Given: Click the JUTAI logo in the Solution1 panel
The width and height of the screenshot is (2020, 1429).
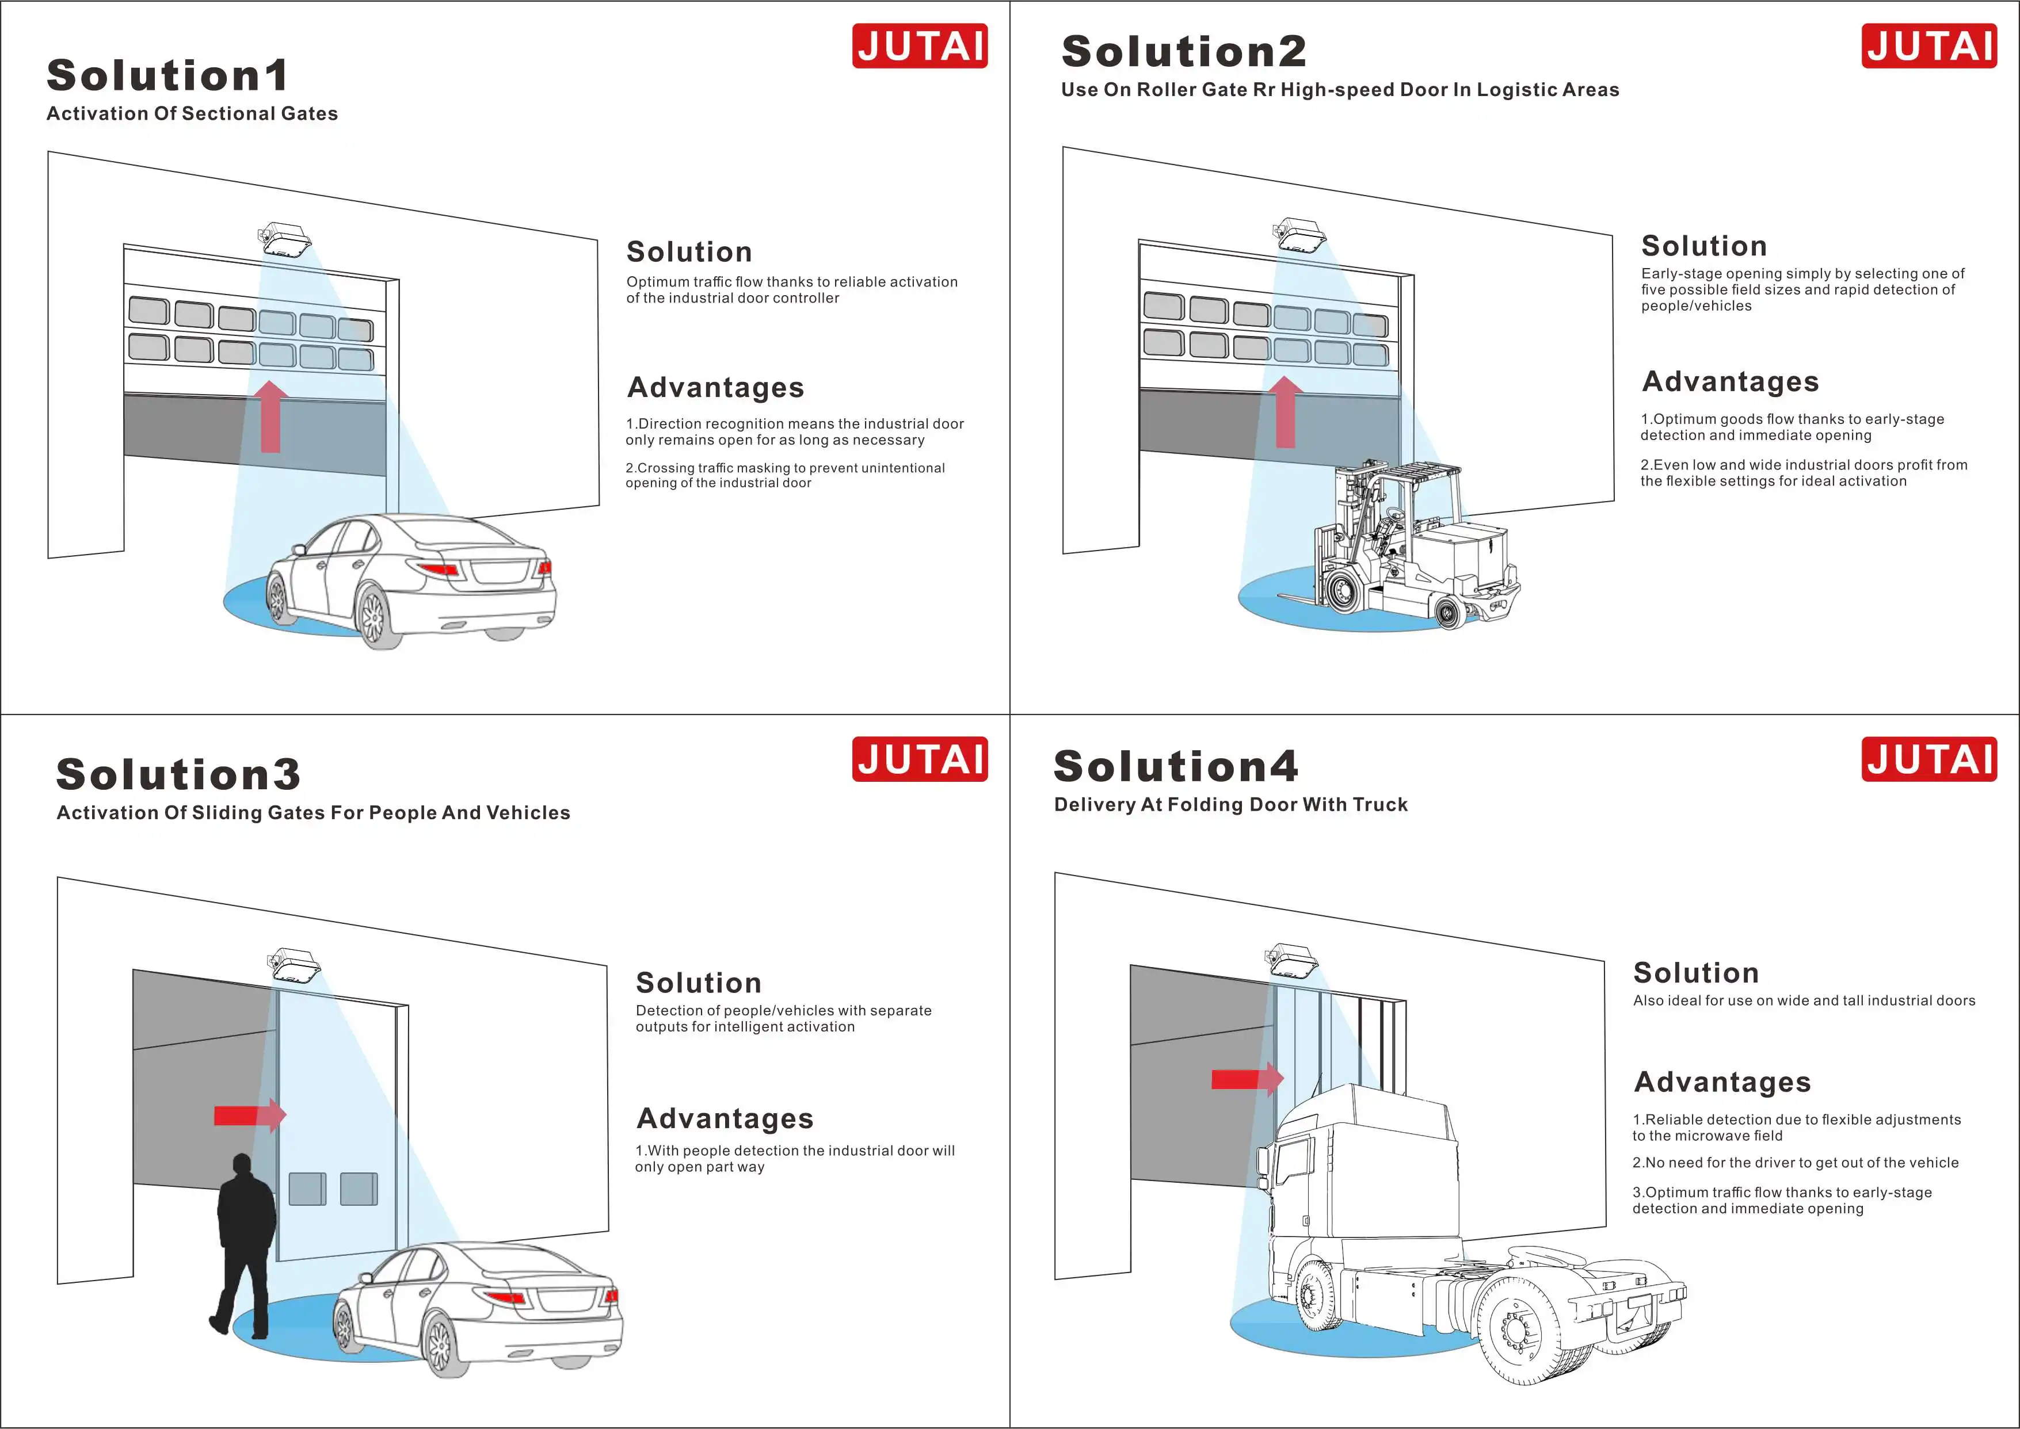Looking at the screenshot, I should point(919,46).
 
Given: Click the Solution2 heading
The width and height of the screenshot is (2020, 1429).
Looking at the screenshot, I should point(1184,51).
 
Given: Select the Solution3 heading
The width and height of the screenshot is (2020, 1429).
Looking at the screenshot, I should point(178,774).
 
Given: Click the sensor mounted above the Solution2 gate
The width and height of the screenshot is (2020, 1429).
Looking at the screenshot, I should point(1299,236).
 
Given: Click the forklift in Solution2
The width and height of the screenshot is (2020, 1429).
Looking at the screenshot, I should point(1408,545).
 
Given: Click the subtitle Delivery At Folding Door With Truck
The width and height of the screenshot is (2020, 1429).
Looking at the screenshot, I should point(1230,804).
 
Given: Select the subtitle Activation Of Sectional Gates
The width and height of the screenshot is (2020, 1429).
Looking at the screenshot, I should point(192,113).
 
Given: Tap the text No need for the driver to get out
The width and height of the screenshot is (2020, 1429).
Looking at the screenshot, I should point(1796,1163).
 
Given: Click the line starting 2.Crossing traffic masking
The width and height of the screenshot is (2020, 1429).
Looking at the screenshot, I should point(784,475).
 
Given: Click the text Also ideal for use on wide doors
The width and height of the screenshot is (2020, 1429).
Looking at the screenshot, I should point(1804,1000).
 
